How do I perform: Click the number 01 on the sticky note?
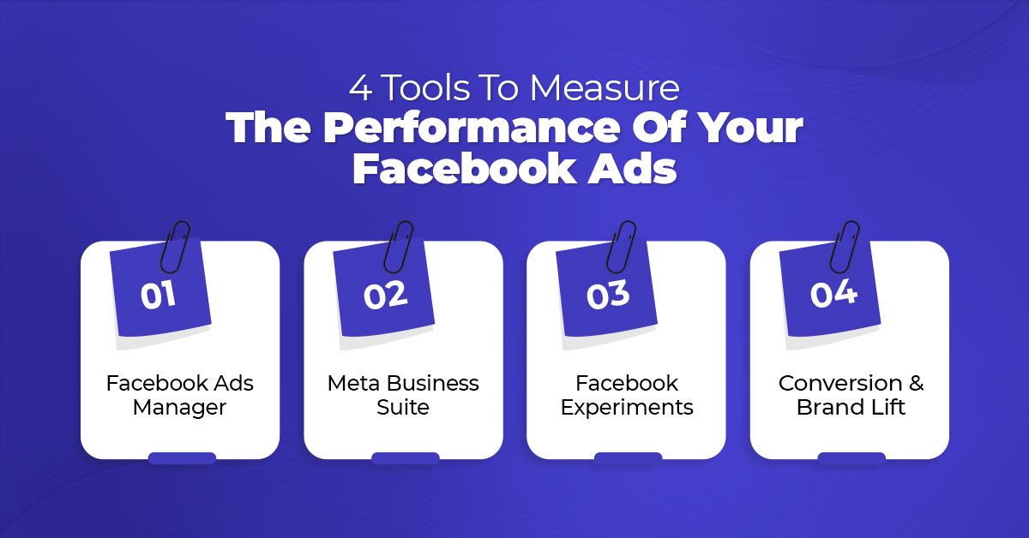tap(158, 296)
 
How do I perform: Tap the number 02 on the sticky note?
tap(385, 296)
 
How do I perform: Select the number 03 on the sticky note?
tap(608, 294)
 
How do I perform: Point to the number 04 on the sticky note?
tap(833, 293)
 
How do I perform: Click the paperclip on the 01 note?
tap(175, 247)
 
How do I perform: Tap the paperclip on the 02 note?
tap(398, 247)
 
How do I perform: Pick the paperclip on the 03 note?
tap(621, 247)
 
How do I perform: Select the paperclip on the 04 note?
tap(845, 247)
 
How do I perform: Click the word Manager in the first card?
tap(179, 408)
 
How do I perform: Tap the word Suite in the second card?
tap(403, 407)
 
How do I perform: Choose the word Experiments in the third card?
tap(627, 408)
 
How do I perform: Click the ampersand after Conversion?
tap(916, 383)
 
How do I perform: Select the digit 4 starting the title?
tap(360, 87)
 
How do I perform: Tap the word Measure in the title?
tap(605, 87)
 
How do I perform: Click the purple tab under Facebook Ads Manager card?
tap(182, 458)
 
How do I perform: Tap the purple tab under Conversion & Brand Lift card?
tap(851, 458)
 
